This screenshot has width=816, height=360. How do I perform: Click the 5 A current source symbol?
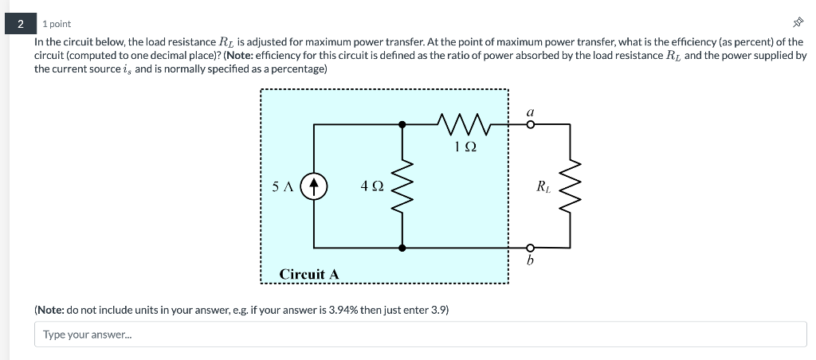[x=315, y=186]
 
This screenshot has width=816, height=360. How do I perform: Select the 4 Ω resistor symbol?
[x=402, y=186]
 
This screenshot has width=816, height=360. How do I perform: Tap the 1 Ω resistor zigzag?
[x=463, y=123]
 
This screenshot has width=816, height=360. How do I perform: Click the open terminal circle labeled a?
[x=531, y=124]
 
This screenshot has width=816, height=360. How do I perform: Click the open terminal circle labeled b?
[x=531, y=248]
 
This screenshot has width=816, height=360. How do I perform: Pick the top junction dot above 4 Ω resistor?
[x=402, y=124]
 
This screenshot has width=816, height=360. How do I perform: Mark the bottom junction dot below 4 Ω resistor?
[x=402, y=248]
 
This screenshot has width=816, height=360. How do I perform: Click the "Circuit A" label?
[x=309, y=274]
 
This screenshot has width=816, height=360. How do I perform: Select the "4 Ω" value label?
[x=372, y=186]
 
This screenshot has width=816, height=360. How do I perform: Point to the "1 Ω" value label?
[x=465, y=147]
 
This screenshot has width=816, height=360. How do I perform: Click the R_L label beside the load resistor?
[x=543, y=187]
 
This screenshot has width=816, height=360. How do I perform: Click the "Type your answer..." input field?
[x=420, y=335]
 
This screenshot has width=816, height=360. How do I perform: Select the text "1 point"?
[x=57, y=24]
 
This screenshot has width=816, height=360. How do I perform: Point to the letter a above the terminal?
[x=530, y=112]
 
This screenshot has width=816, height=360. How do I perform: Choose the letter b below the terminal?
[x=531, y=262]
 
